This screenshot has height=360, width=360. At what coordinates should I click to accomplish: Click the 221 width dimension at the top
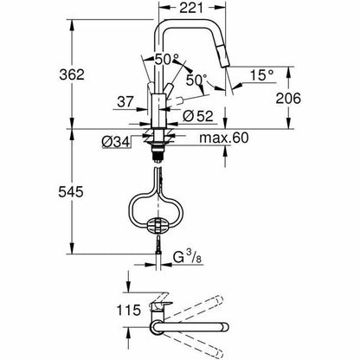191,8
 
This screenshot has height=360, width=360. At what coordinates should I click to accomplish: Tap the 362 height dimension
72,74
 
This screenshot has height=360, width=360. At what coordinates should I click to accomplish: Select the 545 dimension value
71,192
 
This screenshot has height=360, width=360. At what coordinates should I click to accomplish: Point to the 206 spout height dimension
288,99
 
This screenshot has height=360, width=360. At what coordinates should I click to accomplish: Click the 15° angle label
261,75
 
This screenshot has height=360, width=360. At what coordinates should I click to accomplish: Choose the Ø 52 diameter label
198,116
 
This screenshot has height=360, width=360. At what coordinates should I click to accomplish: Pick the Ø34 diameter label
115,142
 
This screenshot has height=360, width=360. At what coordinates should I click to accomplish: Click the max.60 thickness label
224,138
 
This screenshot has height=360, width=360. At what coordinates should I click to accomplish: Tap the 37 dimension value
125,102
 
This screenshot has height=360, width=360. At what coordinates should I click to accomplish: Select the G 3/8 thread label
187,256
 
